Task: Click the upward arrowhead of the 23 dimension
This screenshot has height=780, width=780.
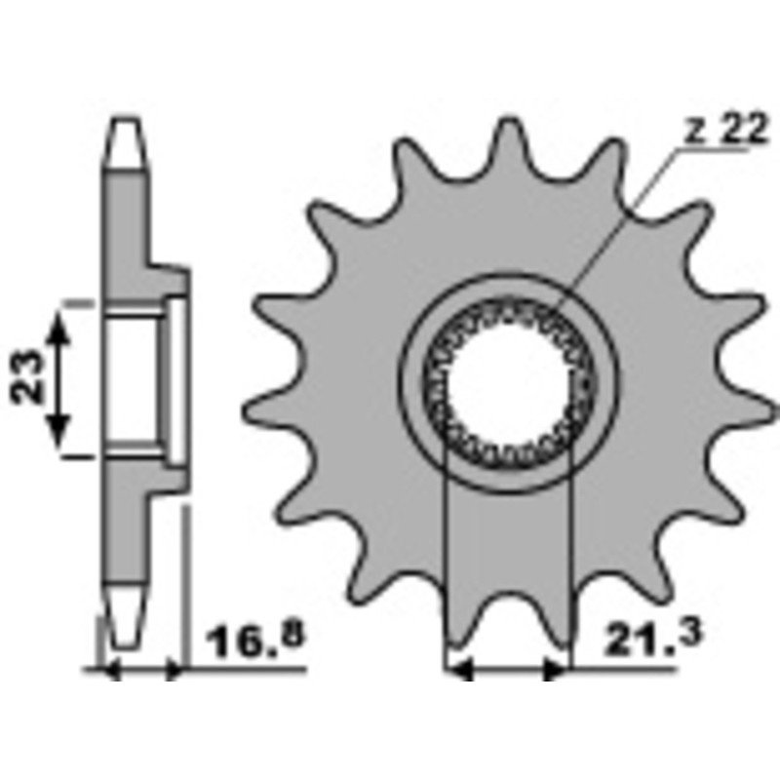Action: [58, 328]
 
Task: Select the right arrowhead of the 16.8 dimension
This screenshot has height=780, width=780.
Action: [175, 671]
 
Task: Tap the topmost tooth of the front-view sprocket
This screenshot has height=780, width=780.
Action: [508, 136]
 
